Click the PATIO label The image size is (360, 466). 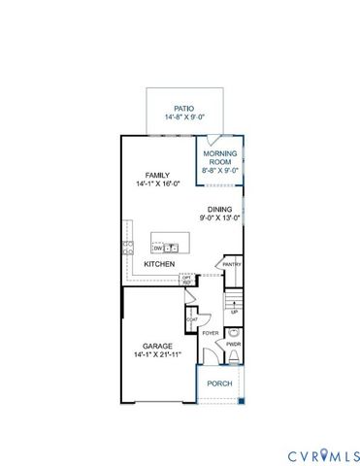coord(183,109)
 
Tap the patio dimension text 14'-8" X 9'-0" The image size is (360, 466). coord(183,118)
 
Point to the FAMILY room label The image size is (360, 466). coord(157,175)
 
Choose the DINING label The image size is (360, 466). coord(219,209)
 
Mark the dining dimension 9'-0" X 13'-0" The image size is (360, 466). coord(219,218)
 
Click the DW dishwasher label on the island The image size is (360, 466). coord(156,249)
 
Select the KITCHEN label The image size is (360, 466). coord(159,264)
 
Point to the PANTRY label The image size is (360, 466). coord(232,264)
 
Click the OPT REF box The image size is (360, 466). coord(185,280)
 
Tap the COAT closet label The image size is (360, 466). coord(192,319)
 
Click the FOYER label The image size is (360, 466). coord(211,334)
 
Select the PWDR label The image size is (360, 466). coord(233,344)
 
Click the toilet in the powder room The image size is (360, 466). coord(233,331)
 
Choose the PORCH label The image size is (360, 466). coord(218,383)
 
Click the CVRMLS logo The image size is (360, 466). coord(322,454)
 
